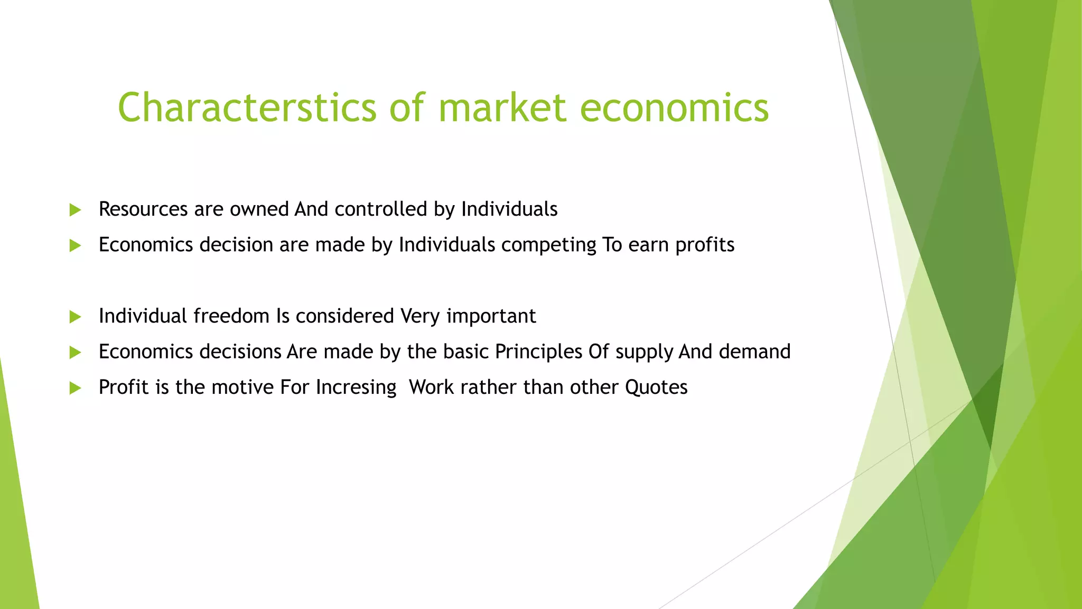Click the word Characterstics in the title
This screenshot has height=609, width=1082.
coord(247,107)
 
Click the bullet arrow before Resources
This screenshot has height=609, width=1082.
coord(75,210)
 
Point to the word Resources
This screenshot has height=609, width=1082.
coord(143,209)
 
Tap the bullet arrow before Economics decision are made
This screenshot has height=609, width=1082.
coord(75,245)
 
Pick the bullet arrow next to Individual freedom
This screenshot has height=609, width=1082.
coord(75,317)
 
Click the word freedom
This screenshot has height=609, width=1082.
coord(231,316)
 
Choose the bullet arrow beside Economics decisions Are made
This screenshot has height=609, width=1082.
coord(75,352)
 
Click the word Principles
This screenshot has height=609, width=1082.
coord(538,352)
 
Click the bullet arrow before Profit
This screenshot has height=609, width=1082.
coord(75,388)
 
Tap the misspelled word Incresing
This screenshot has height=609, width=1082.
coord(356,388)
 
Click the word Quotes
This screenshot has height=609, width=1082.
coord(656,387)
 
